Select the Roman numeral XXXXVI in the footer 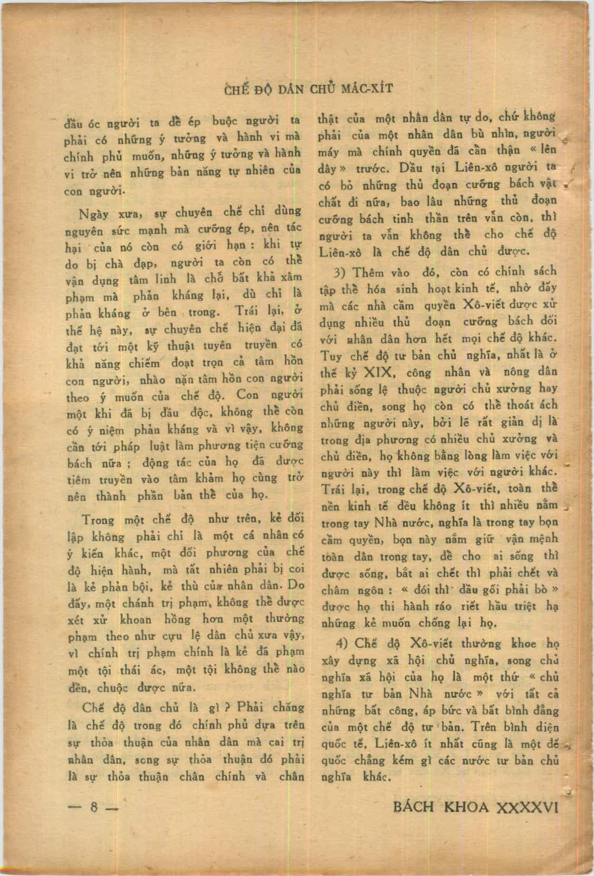click(x=526, y=807)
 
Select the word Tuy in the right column click(x=331, y=356)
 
